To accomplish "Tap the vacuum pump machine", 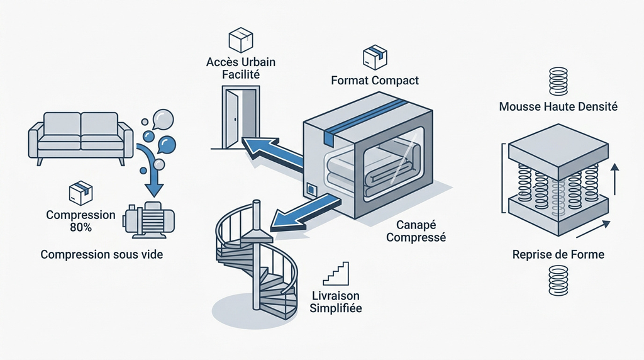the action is click(x=148, y=221).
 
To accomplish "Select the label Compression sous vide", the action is click(x=102, y=254).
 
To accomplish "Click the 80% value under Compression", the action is click(x=81, y=227).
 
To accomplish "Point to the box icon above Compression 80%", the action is click(x=80, y=193).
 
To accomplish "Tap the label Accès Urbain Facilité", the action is click(x=241, y=68).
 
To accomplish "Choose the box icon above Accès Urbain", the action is click(x=241, y=40).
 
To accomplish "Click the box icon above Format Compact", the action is click(x=375, y=57).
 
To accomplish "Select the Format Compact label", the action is click(x=375, y=80).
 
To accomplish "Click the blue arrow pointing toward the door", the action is click(x=272, y=152).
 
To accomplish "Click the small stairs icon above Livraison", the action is click(x=336, y=274).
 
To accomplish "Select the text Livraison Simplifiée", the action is click(x=336, y=301).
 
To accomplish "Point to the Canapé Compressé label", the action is click(x=416, y=231).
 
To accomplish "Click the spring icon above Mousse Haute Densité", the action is click(x=558, y=81).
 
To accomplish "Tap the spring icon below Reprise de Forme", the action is click(x=558, y=280).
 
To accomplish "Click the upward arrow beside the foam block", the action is click(x=614, y=179).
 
